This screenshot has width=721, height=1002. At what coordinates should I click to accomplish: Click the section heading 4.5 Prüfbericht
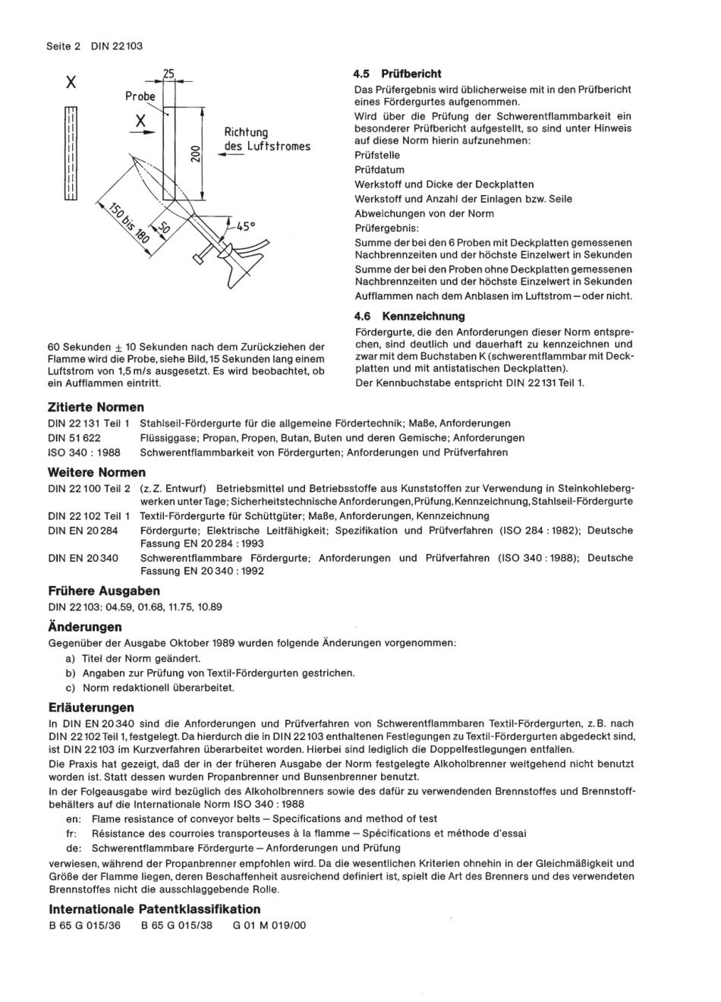pos(397,74)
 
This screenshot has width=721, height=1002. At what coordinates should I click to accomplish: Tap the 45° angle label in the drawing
pos(246,225)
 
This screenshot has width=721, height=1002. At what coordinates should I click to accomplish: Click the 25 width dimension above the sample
pos(168,74)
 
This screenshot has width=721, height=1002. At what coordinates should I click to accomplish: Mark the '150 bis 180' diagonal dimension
pos(128,223)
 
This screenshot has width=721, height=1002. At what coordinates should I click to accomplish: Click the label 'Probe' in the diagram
pos(140,96)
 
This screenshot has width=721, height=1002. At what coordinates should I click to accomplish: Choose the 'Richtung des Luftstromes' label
pos(266,140)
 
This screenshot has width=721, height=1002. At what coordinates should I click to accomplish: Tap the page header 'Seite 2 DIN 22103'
pos(95,46)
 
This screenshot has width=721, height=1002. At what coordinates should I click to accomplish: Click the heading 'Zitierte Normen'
pos(96,407)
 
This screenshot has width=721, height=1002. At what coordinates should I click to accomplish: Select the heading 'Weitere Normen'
pos(96,472)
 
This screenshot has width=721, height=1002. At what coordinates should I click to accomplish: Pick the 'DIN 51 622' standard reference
pos(74,438)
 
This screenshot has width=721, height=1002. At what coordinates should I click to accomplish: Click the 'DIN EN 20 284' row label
pos(83,530)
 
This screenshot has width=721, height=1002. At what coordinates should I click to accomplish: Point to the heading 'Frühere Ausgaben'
pos(104,591)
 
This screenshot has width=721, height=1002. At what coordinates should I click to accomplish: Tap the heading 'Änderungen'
pos(84,627)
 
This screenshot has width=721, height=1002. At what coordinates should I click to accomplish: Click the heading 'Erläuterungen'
pos(91,707)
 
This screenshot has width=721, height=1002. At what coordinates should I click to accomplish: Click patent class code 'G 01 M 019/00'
pos(269,925)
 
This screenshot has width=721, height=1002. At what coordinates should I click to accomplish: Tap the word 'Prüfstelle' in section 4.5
pos(377,155)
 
